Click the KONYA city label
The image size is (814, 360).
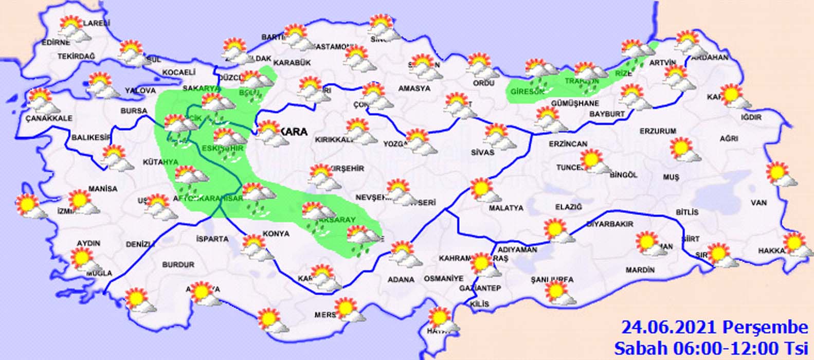click(276, 233)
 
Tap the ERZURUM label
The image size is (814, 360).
click(658, 131)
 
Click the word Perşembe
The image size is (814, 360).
click(765, 327)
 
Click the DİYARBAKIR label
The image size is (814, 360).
click(610, 224)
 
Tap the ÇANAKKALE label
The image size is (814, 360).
click(49, 118)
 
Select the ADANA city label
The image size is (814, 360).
click(401, 280)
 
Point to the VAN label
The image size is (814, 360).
click(758, 203)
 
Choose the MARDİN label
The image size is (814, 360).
click(640, 269)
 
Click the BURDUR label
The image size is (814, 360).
click(178, 264)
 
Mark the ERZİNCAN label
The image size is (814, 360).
click(568, 144)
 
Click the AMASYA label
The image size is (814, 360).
click(414, 88)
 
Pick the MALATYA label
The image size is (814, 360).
click(507, 208)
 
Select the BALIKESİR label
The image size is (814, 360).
click(91, 137)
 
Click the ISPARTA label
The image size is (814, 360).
click(212, 239)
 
